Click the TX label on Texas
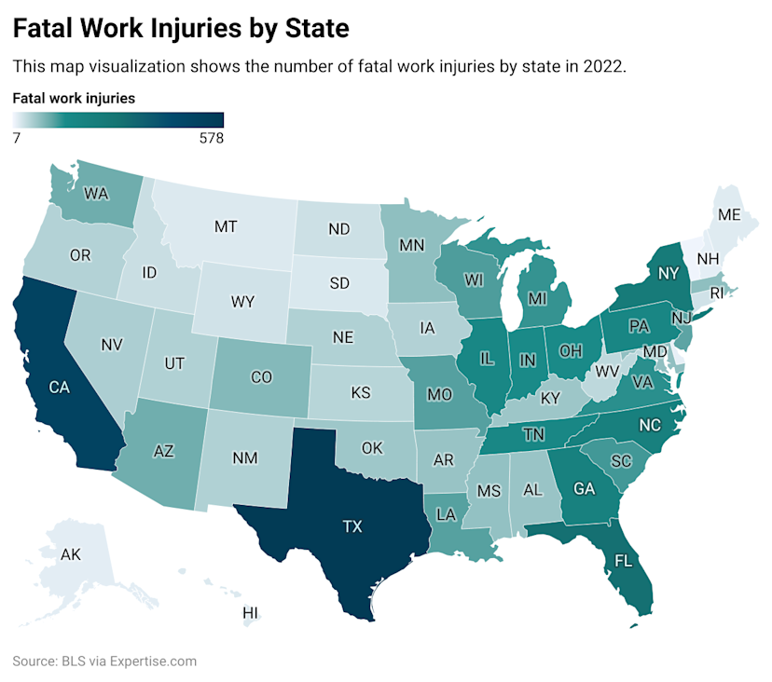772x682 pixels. click(x=352, y=526)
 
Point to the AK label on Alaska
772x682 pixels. click(x=71, y=554)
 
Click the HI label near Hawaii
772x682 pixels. click(x=250, y=612)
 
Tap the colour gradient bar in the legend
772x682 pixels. click(x=118, y=119)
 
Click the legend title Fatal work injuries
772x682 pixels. click(x=74, y=97)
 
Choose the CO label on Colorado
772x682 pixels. click(x=262, y=377)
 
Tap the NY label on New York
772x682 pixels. click(x=666, y=274)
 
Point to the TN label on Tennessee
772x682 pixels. click(x=532, y=434)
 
